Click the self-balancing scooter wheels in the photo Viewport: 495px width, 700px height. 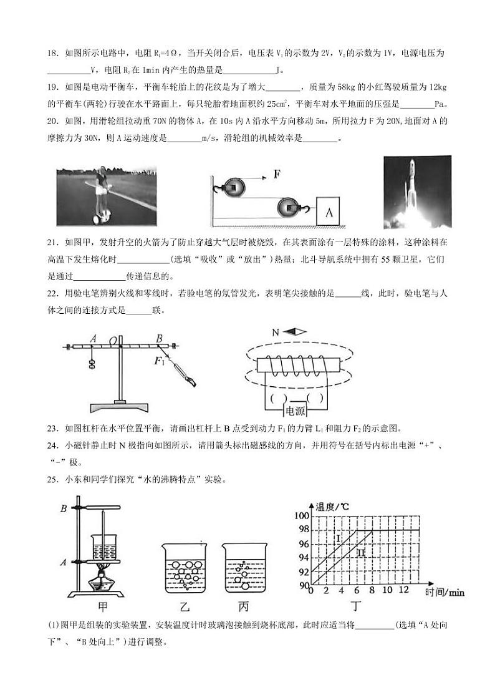(99, 219)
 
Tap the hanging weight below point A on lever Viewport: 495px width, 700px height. (92, 365)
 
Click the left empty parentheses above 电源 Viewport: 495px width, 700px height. (277, 397)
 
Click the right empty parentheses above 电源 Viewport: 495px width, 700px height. (315, 397)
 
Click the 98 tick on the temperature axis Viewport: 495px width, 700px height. (302, 529)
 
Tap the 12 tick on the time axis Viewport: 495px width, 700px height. (403, 590)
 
